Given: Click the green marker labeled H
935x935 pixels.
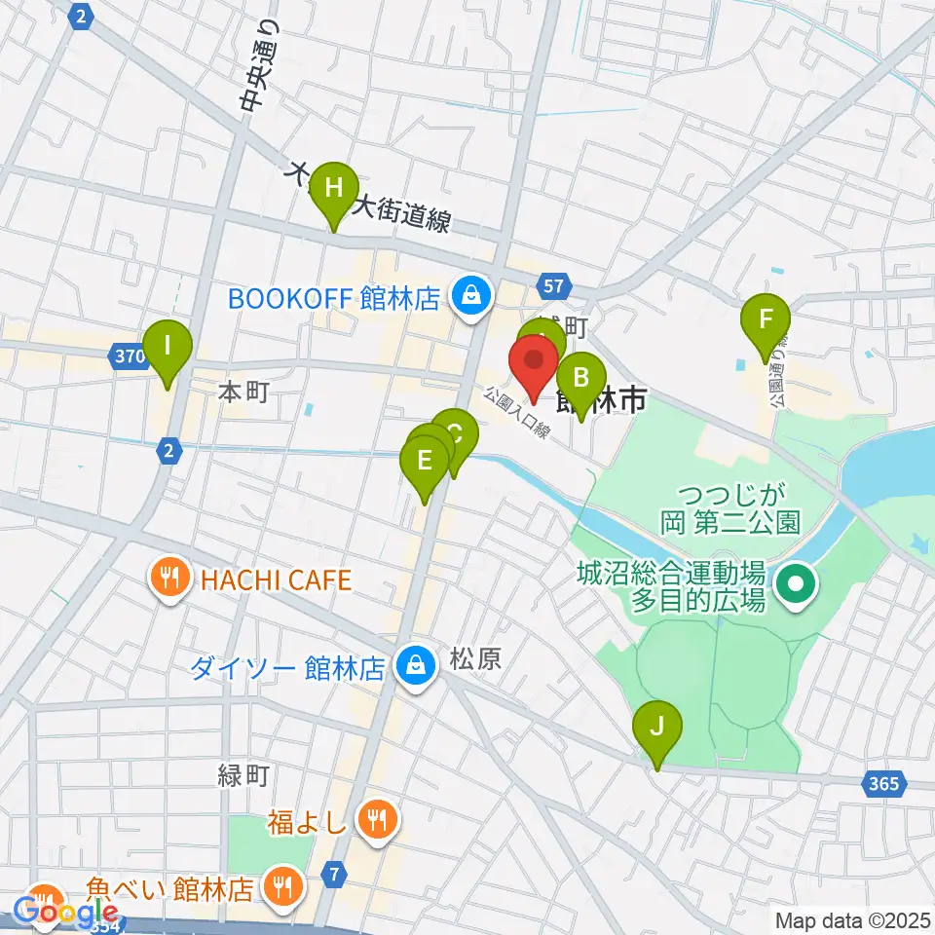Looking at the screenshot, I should point(333,187).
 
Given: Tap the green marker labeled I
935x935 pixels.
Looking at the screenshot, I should point(168,346).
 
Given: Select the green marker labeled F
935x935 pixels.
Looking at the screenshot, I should point(766,319).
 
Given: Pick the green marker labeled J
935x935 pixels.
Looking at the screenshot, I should point(657,727).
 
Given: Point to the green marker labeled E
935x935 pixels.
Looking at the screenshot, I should point(425,460).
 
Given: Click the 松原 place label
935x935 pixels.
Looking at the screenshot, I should point(475,660).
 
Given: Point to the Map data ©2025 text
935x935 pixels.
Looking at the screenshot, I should point(851,919).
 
